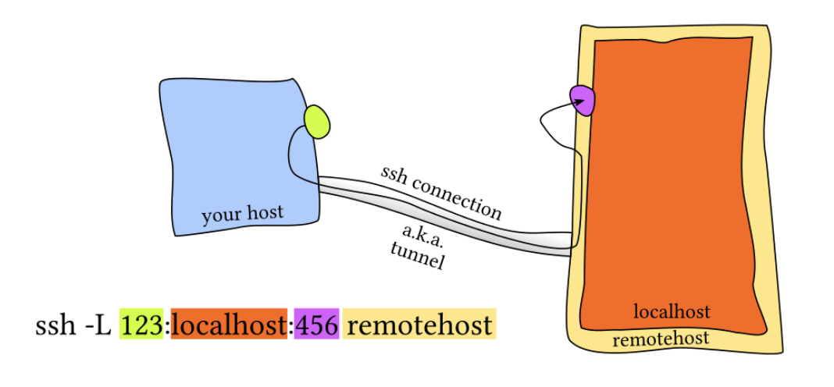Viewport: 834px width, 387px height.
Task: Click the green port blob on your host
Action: click(x=317, y=121)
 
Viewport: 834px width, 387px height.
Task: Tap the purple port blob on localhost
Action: click(x=583, y=99)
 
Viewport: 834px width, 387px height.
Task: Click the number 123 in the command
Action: click(x=141, y=325)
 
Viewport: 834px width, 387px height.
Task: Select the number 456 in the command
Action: click(x=316, y=325)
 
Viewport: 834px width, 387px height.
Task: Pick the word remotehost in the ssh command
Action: click(x=419, y=325)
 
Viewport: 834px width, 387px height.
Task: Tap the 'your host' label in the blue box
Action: click(x=242, y=214)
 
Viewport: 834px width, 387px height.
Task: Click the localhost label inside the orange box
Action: click(x=672, y=312)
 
